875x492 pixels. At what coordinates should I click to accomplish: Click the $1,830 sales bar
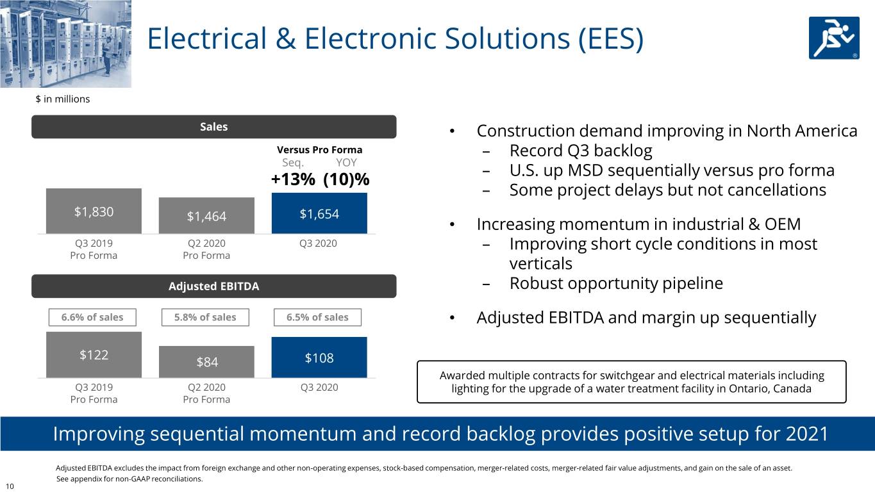tap(94, 211)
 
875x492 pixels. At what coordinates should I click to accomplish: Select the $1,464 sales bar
tap(206, 215)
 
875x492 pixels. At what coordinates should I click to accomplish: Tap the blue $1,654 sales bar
tap(319, 213)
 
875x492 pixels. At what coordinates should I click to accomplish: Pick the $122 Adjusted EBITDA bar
tap(94, 355)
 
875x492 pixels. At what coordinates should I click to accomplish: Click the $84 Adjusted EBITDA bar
tap(206, 361)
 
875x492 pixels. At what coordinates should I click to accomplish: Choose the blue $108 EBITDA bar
tap(319, 357)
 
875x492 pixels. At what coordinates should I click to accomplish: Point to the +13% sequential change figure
tap(293, 179)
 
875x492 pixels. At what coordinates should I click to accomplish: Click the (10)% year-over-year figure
tap(346, 179)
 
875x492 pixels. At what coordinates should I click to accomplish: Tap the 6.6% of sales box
tap(92, 317)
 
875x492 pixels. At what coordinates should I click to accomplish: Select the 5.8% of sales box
tap(206, 317)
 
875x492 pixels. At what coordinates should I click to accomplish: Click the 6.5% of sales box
tap(317, 317)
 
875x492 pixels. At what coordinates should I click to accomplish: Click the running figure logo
tap(834, 38)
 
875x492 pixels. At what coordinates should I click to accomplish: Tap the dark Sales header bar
tap(214, 126)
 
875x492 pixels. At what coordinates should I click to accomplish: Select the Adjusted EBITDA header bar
tap(214, 286)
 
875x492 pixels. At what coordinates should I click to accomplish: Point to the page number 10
tap(10, 486)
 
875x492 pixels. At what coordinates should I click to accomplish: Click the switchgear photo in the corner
tap(65, 44)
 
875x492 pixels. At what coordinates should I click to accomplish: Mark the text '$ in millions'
tap(63, 99)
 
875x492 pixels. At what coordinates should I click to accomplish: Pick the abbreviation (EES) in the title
tap(611, 38)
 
